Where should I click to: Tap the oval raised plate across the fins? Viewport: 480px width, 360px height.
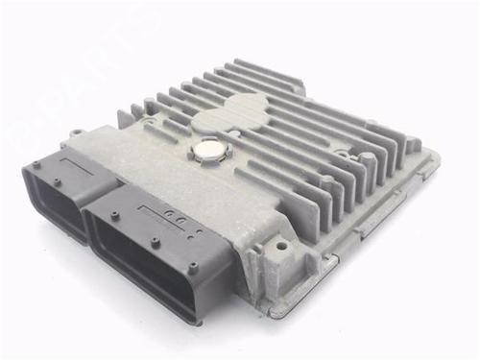[229, 117]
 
